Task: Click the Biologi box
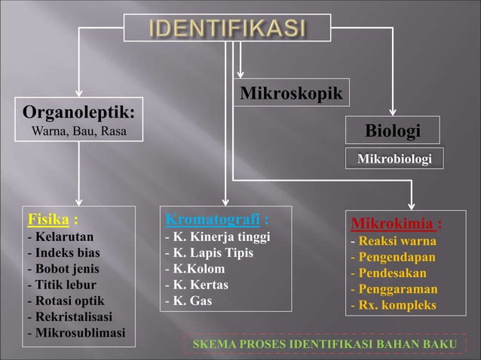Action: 393,131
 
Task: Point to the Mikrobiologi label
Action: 394,159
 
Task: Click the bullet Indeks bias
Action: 63,252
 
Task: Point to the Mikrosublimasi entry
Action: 76,333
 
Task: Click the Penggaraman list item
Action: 394,289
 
